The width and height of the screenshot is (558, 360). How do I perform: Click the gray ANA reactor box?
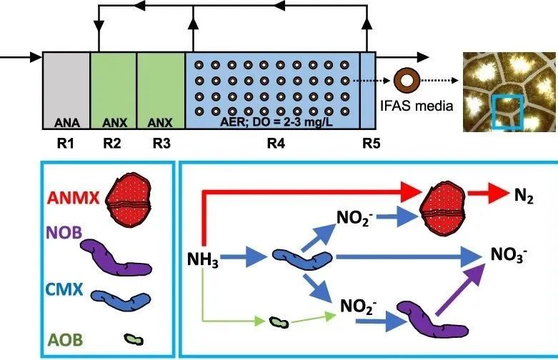tap(66, 89)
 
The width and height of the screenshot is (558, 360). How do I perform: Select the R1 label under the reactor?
tap(66, 143)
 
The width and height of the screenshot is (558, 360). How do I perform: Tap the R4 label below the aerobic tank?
tap(274, 143)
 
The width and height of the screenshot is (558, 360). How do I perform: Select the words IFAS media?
tap(409, 108)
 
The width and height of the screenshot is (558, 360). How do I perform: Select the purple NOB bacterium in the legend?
tap(116, 255)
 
